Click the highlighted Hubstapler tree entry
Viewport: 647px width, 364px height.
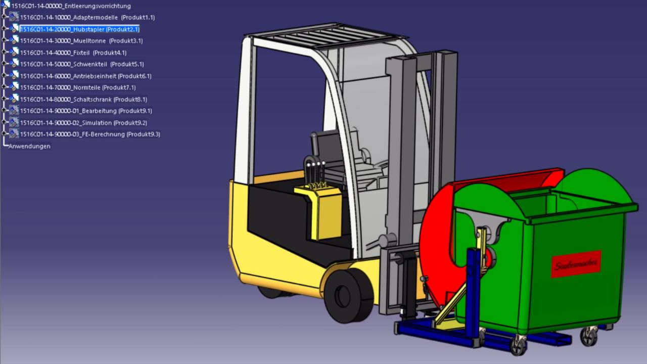click(80, 29)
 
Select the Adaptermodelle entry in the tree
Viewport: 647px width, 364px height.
click(87, 17)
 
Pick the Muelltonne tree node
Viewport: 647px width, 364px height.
click(81, 41)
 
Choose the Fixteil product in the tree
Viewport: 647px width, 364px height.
click(73, 53)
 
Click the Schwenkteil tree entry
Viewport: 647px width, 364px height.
click(82, 64)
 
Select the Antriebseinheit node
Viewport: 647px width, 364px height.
click(85, 76)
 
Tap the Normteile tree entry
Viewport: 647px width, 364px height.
click(78, 87)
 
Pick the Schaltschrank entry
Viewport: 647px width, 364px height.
click(83, 100)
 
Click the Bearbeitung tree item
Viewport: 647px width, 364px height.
click(86, 111)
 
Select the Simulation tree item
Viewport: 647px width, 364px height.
click(83, 123)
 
